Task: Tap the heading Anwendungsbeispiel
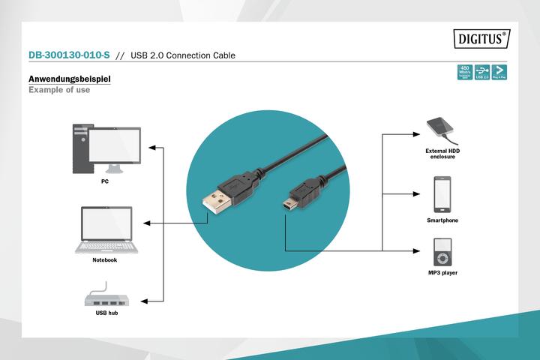[69, 79]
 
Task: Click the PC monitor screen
[114, 144]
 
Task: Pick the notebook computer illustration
[105, 229]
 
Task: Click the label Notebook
[105, 259]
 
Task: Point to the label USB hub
[106, 312]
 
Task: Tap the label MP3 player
[442, 273]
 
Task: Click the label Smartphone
[442, 220]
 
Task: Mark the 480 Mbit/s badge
[464, 71]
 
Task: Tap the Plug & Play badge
[499, 71]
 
